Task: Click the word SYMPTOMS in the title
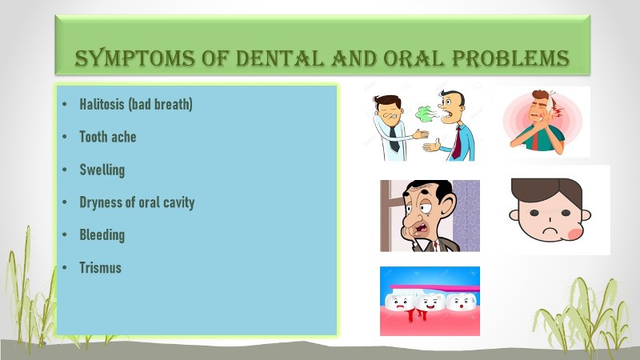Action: point(134,58)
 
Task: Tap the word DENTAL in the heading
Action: point(279,58)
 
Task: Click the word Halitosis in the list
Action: point(102,104)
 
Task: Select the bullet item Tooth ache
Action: point(108,137)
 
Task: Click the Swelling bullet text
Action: point(102,170)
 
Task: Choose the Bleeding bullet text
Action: point(102,235)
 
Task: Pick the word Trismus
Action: point(101,268)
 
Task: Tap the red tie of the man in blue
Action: point(456,142)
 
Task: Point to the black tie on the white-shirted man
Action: point(394,138)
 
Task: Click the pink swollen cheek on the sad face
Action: point(575,234)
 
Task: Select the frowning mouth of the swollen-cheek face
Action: point(550,230)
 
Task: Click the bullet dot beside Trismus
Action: point(65,268)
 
